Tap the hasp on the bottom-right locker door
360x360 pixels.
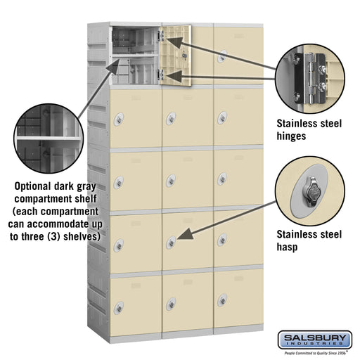(222, 300)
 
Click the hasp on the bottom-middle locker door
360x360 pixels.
(171, 303)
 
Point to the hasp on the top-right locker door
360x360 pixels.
(222, 51)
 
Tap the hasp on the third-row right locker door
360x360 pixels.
(222, 179)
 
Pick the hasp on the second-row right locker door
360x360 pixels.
(222, 117)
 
